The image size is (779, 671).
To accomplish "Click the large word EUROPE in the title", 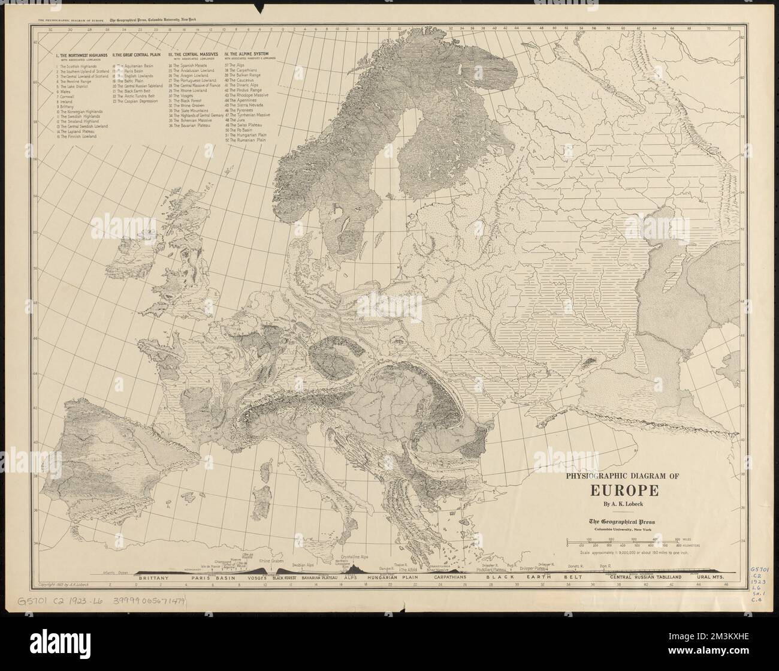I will click(x=624, y=489).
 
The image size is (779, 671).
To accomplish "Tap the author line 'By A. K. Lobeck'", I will click(x=624, y=504).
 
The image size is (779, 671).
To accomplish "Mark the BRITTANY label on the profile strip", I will click(x=150, y=577).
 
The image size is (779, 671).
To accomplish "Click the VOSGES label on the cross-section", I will click(x=255, y=577).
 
